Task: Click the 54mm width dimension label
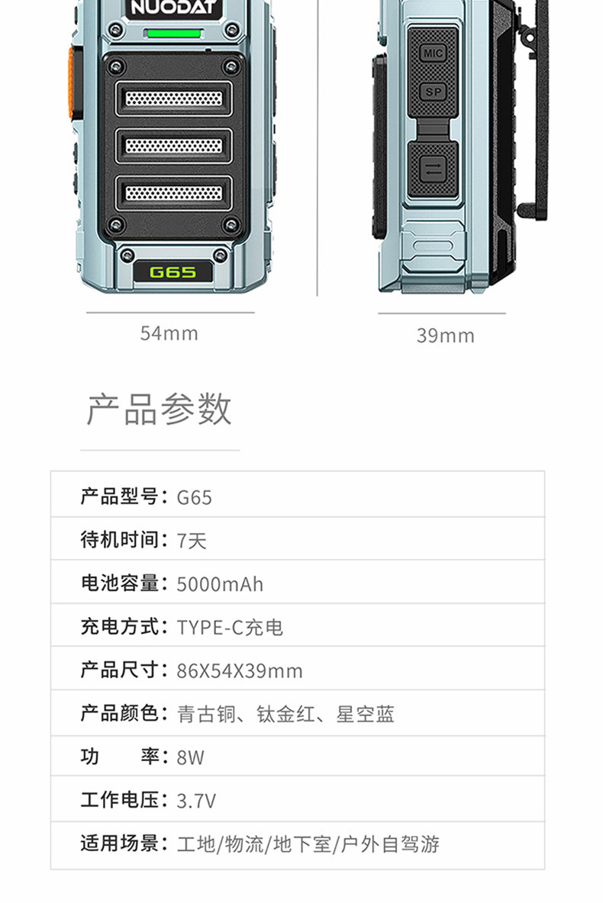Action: (169, 333)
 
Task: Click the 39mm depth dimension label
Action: (445, 336)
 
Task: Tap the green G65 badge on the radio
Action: (173, 272)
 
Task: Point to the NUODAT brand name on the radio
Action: (175, 8)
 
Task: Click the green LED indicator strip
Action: (173, 34)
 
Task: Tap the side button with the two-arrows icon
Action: (433, 169)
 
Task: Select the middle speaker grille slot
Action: (173, 146)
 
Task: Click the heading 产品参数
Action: (159, 410)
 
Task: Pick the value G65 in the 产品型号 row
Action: (195, 497)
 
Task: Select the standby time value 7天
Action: (192, 541)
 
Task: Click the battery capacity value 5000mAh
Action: (220, 584)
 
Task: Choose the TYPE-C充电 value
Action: (230, 628)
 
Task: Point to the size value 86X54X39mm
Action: (240, 671)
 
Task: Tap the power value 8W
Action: (191, 758)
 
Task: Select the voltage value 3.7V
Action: (196, 801)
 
